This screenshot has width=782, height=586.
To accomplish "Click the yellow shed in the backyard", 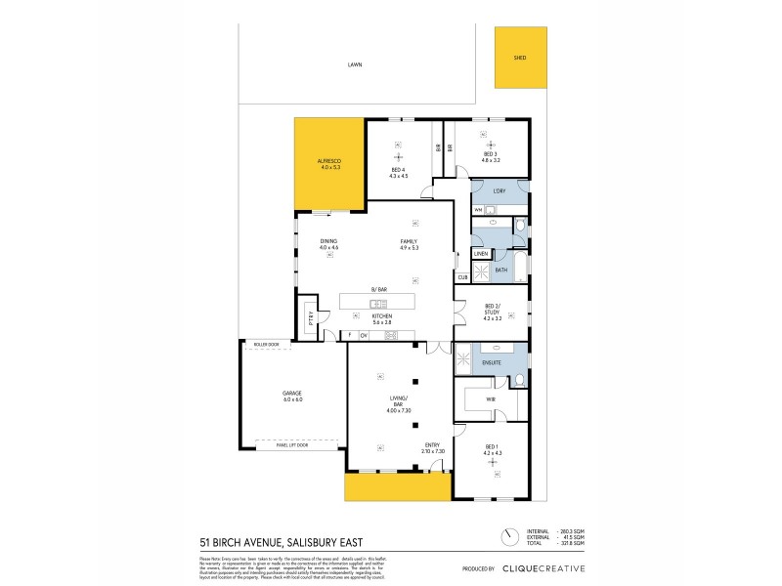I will [520, 58].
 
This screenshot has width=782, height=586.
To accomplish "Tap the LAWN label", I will [354, 65].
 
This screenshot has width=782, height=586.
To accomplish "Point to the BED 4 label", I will [398, 172].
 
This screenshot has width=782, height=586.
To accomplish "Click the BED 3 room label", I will [491, 154].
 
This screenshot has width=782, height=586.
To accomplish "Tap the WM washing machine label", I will [478, 210].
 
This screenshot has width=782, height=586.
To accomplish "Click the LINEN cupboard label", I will [481, 254].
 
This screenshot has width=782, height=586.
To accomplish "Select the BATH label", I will [501, 270].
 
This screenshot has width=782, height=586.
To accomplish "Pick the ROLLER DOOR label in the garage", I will [267, 345].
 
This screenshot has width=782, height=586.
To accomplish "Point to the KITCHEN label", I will [381, 318].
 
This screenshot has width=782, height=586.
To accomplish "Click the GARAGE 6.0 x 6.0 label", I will [292, 396].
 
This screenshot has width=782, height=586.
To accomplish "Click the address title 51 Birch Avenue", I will [266, 541].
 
